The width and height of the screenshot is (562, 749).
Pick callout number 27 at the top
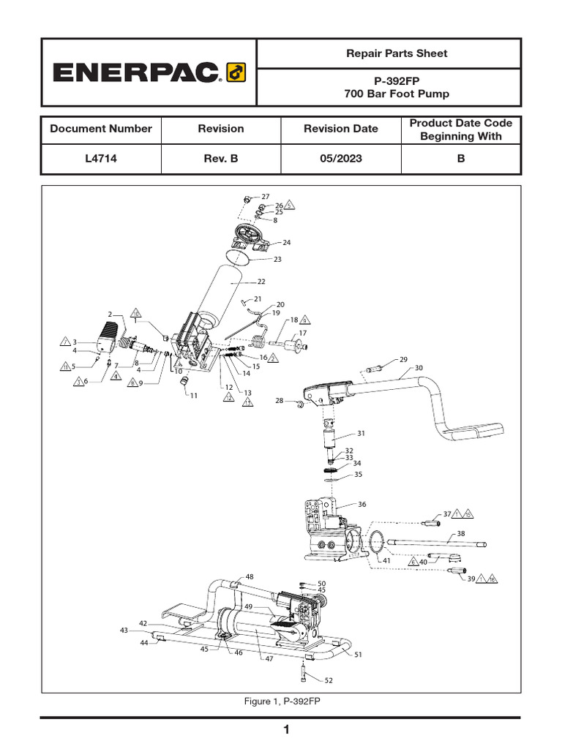click(265, 197)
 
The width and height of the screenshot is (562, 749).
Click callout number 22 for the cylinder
click(261, 282)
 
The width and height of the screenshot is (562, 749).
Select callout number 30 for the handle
click(419, 368)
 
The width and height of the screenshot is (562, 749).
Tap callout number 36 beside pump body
click(361, 505)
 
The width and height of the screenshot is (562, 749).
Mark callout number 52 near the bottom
click(329, 681)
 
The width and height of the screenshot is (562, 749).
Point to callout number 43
click(124, 630)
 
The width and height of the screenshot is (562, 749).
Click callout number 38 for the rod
click(460, 533)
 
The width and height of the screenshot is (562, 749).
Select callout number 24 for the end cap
click(287, 242)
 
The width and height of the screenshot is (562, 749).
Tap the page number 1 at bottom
click(287, 730)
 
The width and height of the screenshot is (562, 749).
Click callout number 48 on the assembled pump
click(250, 577)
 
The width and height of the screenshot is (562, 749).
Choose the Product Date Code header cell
click(460, 129)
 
